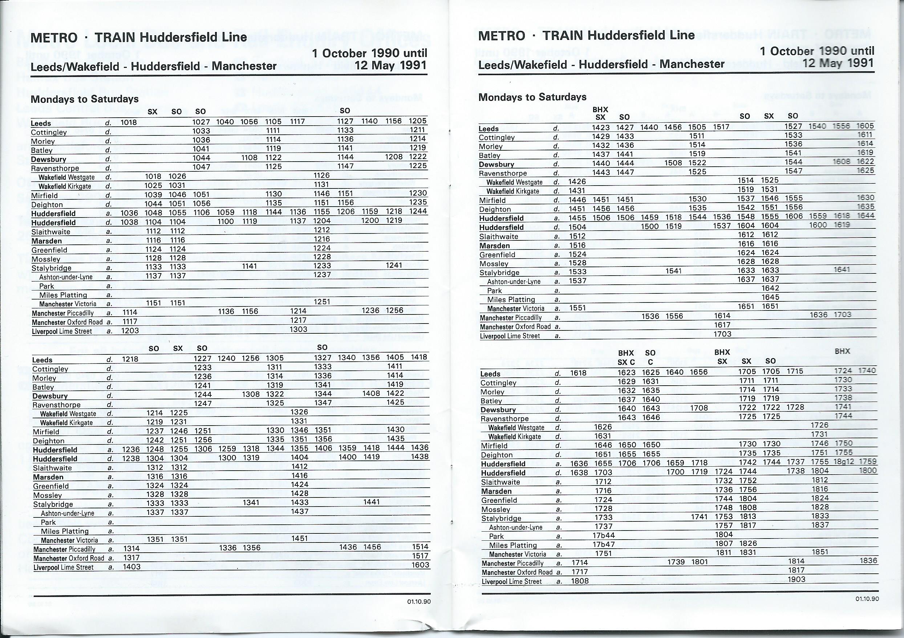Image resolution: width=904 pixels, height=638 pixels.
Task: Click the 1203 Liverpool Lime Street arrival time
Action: pyautogui.click(x=130, y=330)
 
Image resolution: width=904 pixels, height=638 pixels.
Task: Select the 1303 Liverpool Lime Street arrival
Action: pyautogui.click(x=298, y=329)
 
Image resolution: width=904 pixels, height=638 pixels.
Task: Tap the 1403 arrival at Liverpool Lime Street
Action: pyautogui.click(x=132, y=567)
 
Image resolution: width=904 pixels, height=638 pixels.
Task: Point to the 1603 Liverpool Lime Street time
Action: pyautogui.click(x=420, y=565)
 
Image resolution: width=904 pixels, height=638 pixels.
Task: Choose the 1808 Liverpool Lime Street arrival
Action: pyautogui.click(x=580, y=581)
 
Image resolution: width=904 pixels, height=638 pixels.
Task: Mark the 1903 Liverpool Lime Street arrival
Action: pyautogui.click(x=796, y=579)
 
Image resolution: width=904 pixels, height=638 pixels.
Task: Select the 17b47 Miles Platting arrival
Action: pyautogui.click(x=604, y=545)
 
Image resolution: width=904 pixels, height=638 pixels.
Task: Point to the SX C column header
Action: pyautogui.click(x=627, y=362)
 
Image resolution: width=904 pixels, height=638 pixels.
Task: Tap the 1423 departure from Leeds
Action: pyautogui.click(x=601, y=127)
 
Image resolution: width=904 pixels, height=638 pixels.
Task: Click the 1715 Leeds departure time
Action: pyautogui.click(x=795, y=371)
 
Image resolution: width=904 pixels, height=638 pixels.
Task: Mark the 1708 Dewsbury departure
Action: pyautogui.click(x=699, y=408)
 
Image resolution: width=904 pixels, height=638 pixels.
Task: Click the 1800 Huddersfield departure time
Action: pyautogui.click(x=868, y=470)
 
